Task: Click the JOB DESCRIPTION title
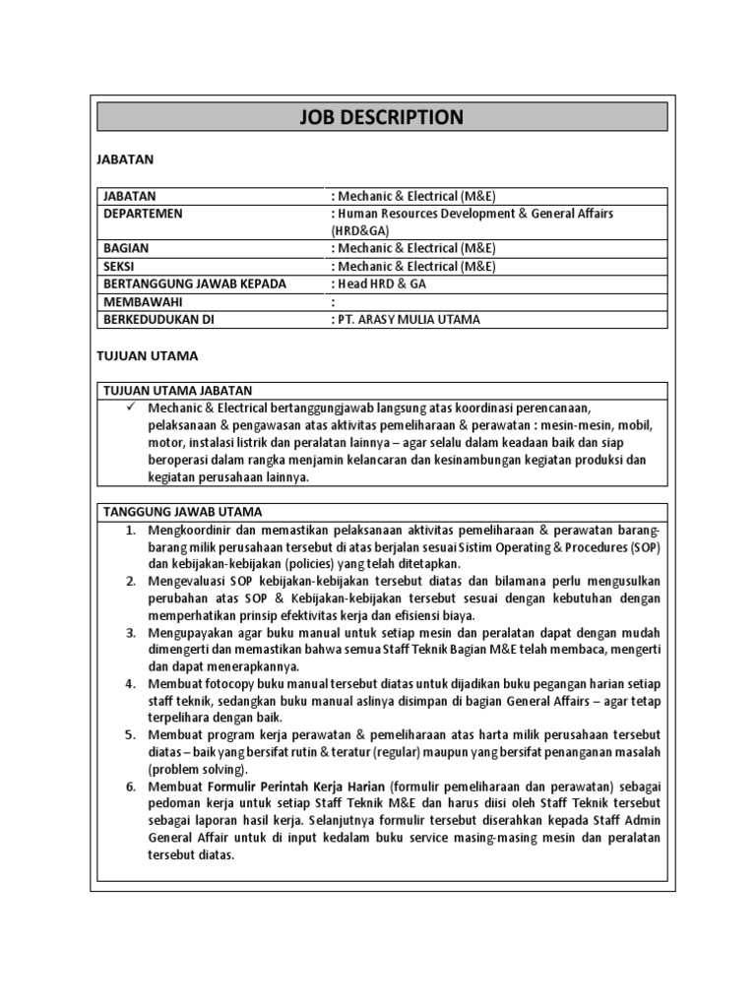click(381, 118)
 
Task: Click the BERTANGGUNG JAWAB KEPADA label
click(194, 284)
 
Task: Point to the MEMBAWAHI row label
click(142, 302)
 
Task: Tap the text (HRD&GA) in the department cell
click(361, 231)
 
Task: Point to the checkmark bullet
click(129, 408)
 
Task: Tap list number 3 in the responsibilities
click(130, 632)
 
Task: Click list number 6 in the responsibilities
click(130, 787)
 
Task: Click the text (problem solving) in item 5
click(198, 769)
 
